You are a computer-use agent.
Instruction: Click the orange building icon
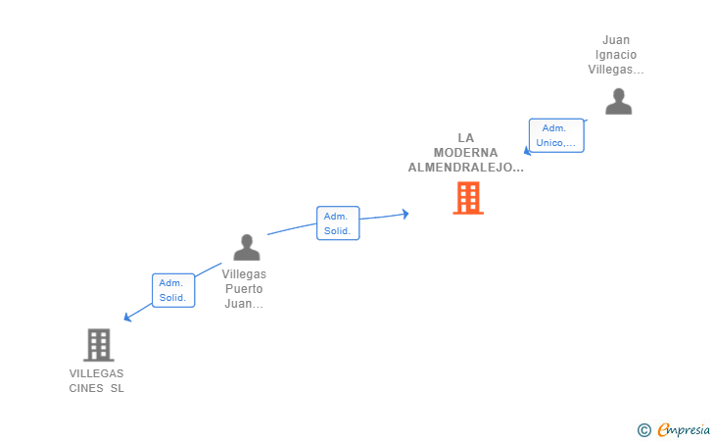468,198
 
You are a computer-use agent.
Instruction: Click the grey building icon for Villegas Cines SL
99,345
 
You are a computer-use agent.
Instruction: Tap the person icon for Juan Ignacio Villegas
618,102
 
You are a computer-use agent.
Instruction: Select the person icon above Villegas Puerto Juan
247,247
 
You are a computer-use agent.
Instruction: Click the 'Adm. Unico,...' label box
556,135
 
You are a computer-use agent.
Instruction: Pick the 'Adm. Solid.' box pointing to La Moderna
338,223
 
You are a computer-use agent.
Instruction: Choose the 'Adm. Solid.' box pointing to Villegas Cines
173,290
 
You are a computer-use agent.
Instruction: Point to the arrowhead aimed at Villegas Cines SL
127,318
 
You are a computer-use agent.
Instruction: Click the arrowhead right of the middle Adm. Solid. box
405,214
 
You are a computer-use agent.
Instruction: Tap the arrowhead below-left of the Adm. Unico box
527,151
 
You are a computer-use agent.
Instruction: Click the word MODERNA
465,153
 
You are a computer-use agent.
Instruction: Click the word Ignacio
616,55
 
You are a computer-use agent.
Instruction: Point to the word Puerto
244,289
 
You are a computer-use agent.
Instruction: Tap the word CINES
86,388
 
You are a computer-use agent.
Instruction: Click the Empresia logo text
684,429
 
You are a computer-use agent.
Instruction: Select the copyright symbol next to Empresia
644,430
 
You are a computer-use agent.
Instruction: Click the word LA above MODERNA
465,138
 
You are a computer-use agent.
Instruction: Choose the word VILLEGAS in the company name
96,373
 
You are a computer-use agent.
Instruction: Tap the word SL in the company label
117,388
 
